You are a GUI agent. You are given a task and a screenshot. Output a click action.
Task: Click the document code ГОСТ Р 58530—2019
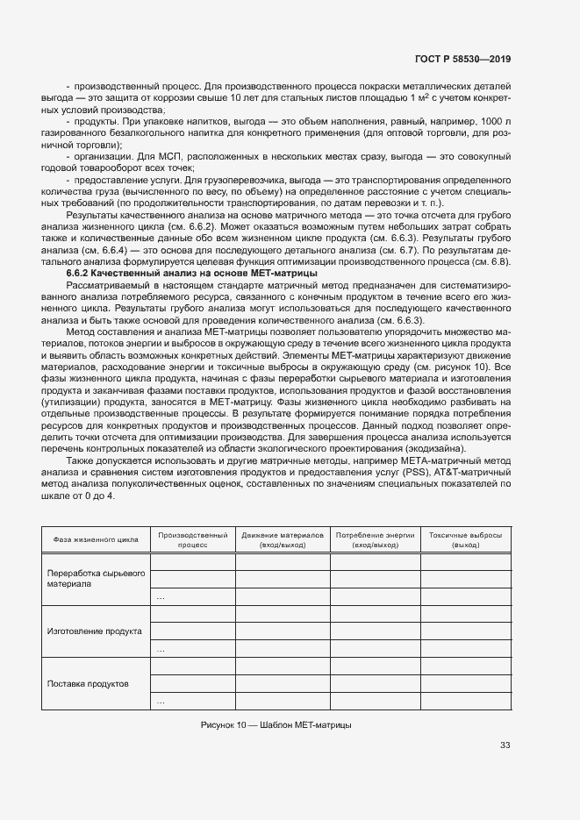[x=462, y=59]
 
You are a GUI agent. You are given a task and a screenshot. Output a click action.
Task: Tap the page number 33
[x=505, y=745]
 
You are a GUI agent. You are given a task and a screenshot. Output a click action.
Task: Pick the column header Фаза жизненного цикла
[x=94, y=539]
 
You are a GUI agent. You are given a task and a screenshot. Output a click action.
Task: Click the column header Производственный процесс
[x=192, y=539]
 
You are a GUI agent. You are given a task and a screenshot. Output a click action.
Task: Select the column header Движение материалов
[x=283, y=539]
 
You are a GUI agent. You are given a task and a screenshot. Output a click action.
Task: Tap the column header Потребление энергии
[x=376, y=539]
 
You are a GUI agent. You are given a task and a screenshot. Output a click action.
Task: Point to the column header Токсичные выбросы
[x=466, y=539]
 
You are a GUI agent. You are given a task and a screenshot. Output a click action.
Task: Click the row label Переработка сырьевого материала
[x=95, y=578]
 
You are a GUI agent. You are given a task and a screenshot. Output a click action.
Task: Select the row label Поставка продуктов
[x=88, y=682]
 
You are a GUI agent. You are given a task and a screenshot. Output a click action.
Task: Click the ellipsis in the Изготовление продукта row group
[x=161, y=650]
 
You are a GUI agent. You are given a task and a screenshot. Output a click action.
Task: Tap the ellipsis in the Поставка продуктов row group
[x=161, y=702]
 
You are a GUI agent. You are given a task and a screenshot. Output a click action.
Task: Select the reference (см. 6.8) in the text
[x=490, y=262]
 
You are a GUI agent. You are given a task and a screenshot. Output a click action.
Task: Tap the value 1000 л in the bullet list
[x=493, y=120]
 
